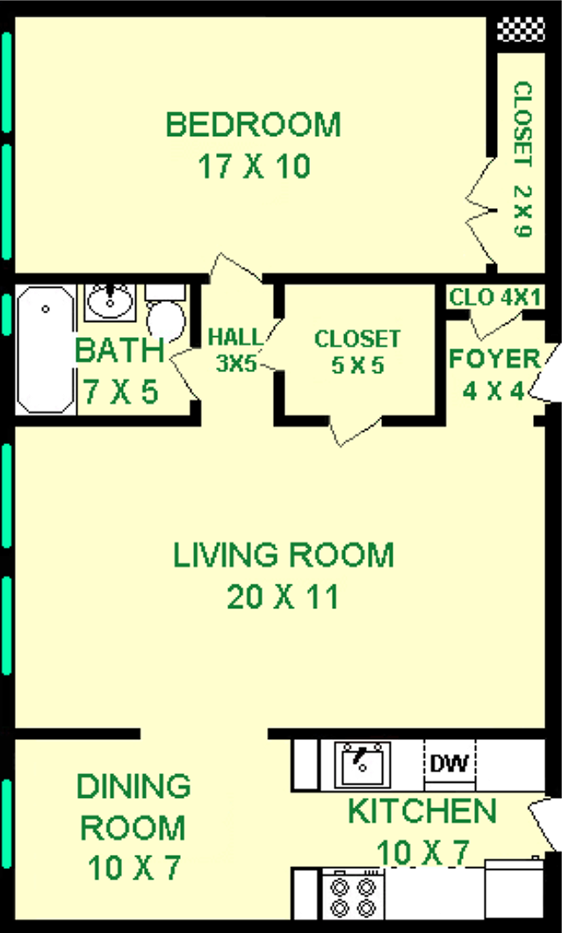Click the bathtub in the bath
[x=46, y=350]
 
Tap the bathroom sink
[x=110, y=301]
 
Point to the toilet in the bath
[x=167, y=312]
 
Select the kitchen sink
[x=362, y=764]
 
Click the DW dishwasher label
[x=450, y=762]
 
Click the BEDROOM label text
[x=253, y=125]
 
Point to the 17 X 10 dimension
[x=254, y=167]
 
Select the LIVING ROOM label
[x=284, y=556]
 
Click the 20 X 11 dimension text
[x=283, y=597]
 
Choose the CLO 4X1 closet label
[x=494, y=297]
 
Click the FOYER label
[x=494, y=359]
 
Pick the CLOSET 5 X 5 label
[x=357, y=352]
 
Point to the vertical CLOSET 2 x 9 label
[x=522, y=159]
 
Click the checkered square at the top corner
[x=521, y=29]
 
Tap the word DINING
[x=134, y=786]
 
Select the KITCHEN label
[x=422, y=812]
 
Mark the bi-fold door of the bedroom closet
[x=481, y=212]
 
